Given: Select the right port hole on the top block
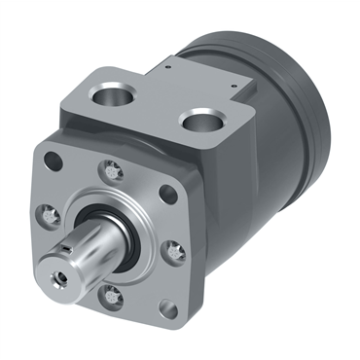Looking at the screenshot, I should (x=205, y=122).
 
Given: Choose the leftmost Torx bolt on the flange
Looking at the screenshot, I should (x=46, y=210).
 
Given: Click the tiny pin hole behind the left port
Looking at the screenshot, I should (x=166, y=69).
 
